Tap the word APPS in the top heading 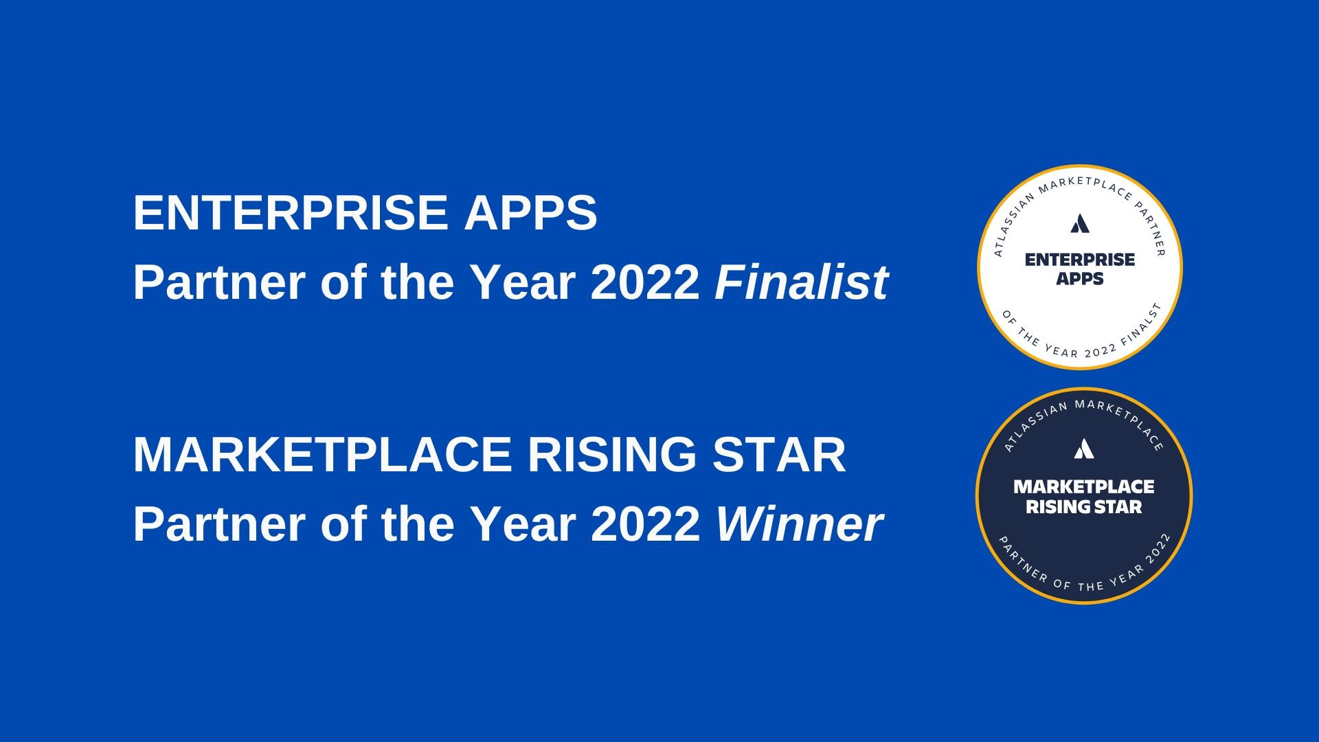point(530,213)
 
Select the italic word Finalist point(801,282)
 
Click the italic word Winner point(799,524)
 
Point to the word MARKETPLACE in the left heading point(322,455)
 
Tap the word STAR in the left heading point(778,455)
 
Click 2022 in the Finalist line point(644,282)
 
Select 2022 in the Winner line point(644,524)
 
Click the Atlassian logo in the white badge point(1080,224)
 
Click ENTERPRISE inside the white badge point(1080,260)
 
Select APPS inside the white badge point(1080,279)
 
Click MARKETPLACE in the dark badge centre point(1084,487)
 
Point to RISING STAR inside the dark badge point(1084,507)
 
